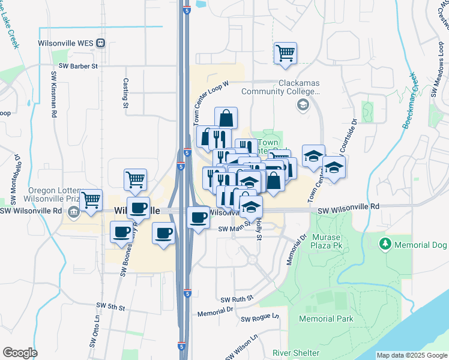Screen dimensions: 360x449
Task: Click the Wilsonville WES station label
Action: coord(64,43)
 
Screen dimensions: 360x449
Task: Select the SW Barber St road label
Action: coord(78,66)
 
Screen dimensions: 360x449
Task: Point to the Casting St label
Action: coord(126,93)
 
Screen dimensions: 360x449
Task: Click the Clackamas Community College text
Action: coord(279,88)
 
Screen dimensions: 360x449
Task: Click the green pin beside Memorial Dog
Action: coord(385,244)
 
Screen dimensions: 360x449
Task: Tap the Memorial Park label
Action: coord(326,319)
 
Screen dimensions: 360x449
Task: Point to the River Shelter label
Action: coord(294,352)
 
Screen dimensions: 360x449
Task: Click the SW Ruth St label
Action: coord(237,298)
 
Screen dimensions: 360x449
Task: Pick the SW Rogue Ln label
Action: coord(260,316)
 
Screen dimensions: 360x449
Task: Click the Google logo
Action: coord(20,352)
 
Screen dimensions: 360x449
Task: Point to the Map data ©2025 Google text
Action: coord(411,355)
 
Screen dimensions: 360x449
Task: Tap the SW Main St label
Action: coord(233,229)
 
